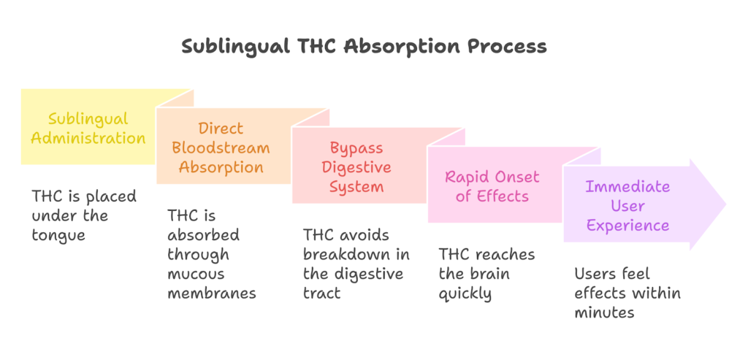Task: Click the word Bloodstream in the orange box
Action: coord(221,148)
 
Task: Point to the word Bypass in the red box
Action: coord(356,148)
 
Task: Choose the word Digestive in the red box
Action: coord(356,167)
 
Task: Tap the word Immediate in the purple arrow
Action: coord(627,186)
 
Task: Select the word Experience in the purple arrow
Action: coord(627,225)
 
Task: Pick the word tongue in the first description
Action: coord(58,235)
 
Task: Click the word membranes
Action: coord(212,294)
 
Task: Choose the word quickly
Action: coord(465,294)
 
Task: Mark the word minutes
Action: coord(604,313)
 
